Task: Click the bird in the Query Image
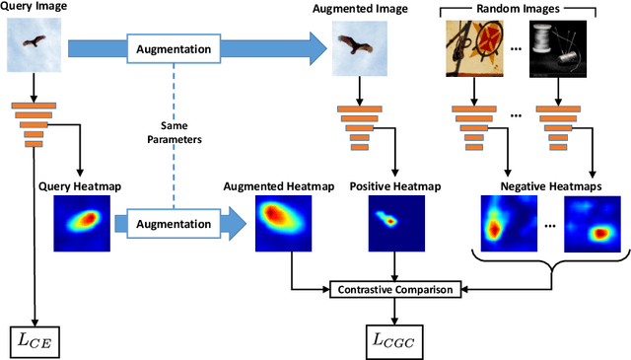35,42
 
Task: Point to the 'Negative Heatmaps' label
546,184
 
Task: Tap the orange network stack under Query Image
34,122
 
